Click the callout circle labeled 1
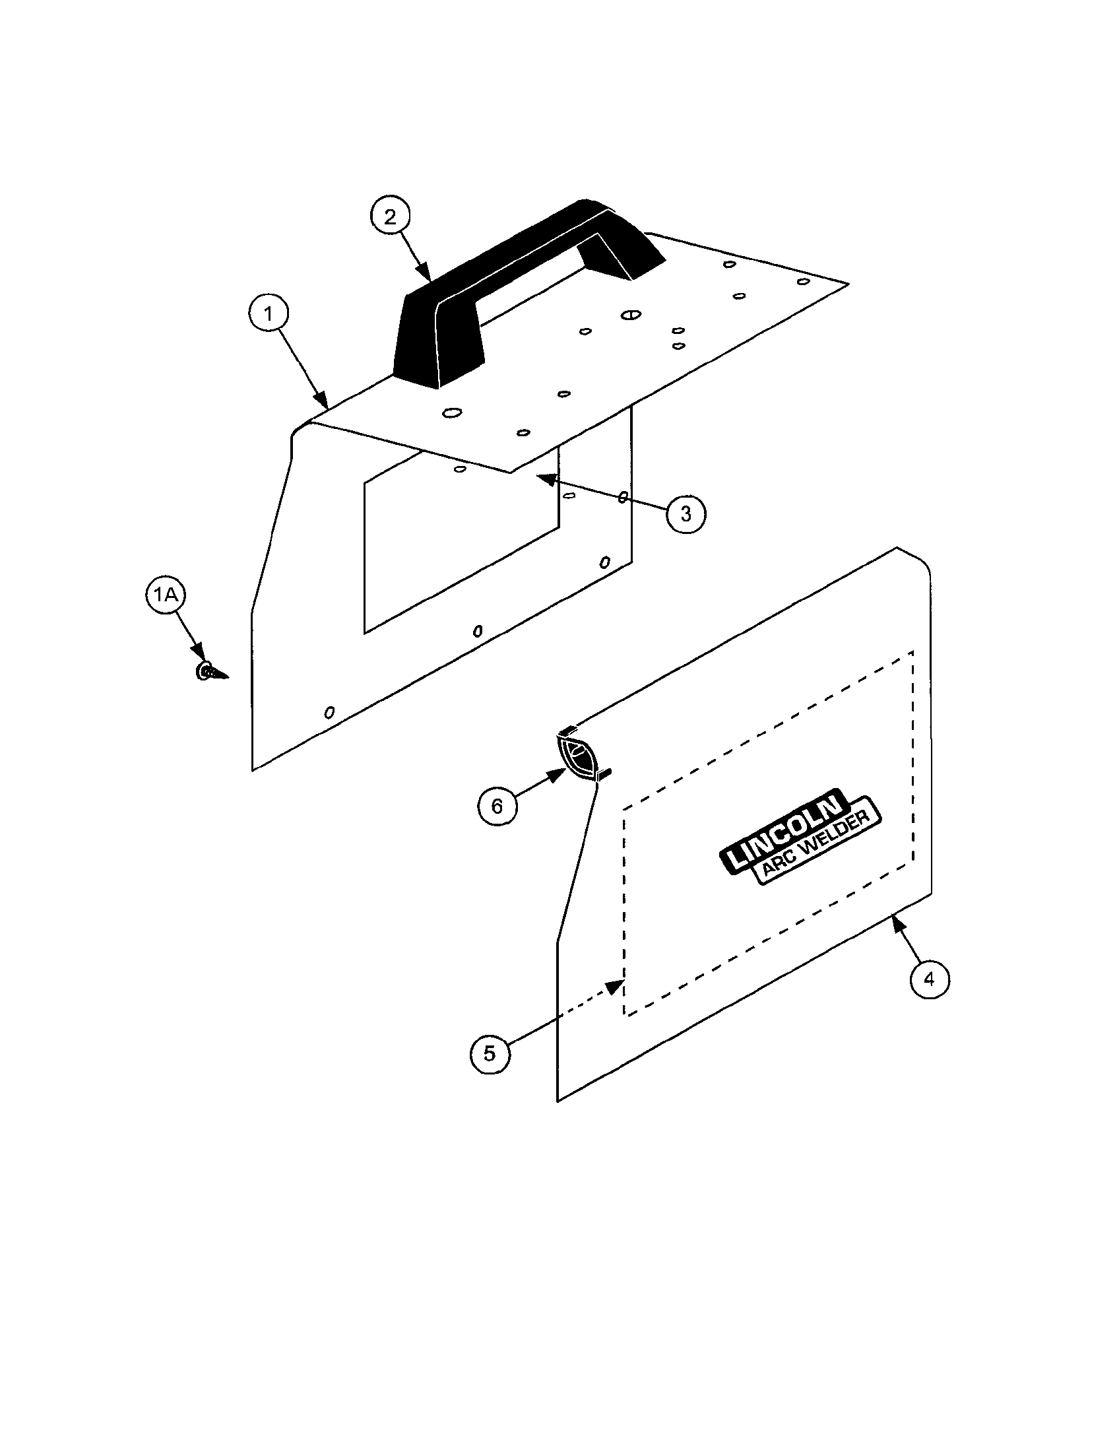[x=269, y=313]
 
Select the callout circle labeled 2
[x=390, y=216]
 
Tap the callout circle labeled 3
[x=686, y=513]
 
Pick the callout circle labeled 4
[x=930, y=979]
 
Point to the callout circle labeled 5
[x=490, y=1054]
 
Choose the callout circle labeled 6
[x=497, y=807]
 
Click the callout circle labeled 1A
[x=165, y=595]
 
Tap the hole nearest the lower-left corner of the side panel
[x=329, y=712]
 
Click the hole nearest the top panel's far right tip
[x=804, y=282]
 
